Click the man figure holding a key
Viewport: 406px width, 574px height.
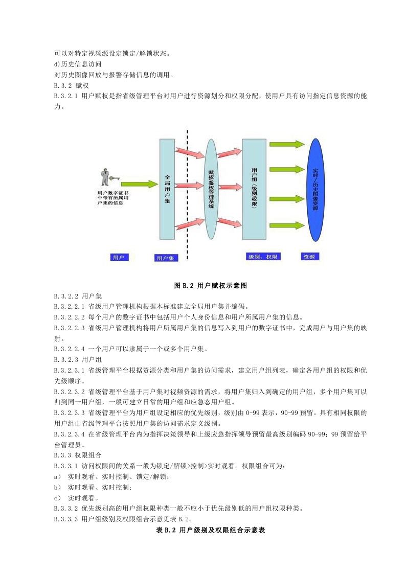tap(105, 176)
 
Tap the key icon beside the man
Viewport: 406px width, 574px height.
tap(114, 179)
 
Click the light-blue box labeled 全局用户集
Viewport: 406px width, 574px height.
tap(167, 189)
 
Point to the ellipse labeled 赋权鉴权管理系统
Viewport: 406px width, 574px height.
tap(212, 189)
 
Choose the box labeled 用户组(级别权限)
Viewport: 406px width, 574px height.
tap(254, 189)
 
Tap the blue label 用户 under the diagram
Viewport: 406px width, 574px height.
tap(118, 257)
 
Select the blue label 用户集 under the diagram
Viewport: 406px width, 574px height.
tap(165, 258)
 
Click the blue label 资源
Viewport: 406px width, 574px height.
tap(309, 256)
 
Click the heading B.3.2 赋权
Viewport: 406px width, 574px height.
tap(72, 86)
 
